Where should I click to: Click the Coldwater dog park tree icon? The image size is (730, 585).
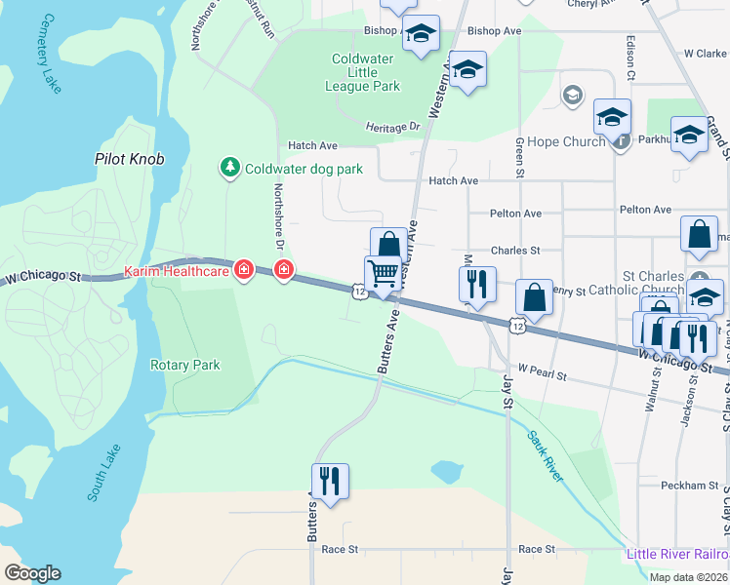(x=229, y=169)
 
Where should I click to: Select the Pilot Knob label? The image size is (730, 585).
(x=129, y=158)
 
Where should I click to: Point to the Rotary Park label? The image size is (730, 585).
(x=184, y=365)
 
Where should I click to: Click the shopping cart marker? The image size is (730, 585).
(x=383, y=273)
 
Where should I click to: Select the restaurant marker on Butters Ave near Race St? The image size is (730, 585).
(x=330, y=481)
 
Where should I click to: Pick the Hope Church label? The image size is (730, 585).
(x=566, y=141)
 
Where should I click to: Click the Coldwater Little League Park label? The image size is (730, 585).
(x=366, y=72)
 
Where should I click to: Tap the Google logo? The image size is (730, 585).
(x=33, y=573)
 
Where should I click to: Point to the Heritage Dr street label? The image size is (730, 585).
(x=392, y=127)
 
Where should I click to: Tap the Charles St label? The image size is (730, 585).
(x=515, y=250)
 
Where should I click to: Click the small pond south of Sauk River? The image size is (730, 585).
(x=447, y=473)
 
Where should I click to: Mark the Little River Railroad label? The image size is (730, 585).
(x=676, y=556)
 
